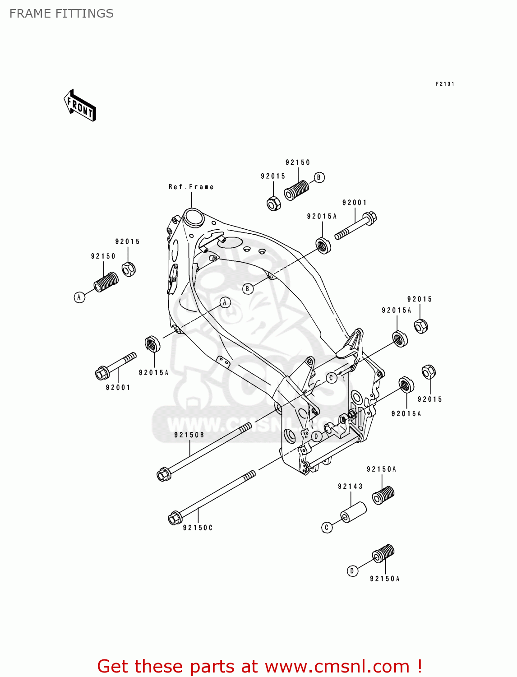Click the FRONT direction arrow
coord(80,106)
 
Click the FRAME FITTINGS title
coord(61,14)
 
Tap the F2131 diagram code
coord(444,84)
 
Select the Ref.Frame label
coord(191,187)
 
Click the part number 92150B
coord(189,435)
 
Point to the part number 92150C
coord(198,528)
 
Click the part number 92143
coord(350,487)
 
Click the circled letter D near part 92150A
coord(352,571)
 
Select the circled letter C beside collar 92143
coord(327,527)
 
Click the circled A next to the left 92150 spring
coord(79,297)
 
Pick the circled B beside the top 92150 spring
coord(319,177)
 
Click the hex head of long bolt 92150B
coord(163,474)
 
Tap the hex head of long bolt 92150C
coord(175,518)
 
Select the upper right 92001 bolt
coord(356,227)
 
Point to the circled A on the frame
coord(225,302)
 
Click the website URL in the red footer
coord(337,667)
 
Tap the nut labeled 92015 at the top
coord(273,204)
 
